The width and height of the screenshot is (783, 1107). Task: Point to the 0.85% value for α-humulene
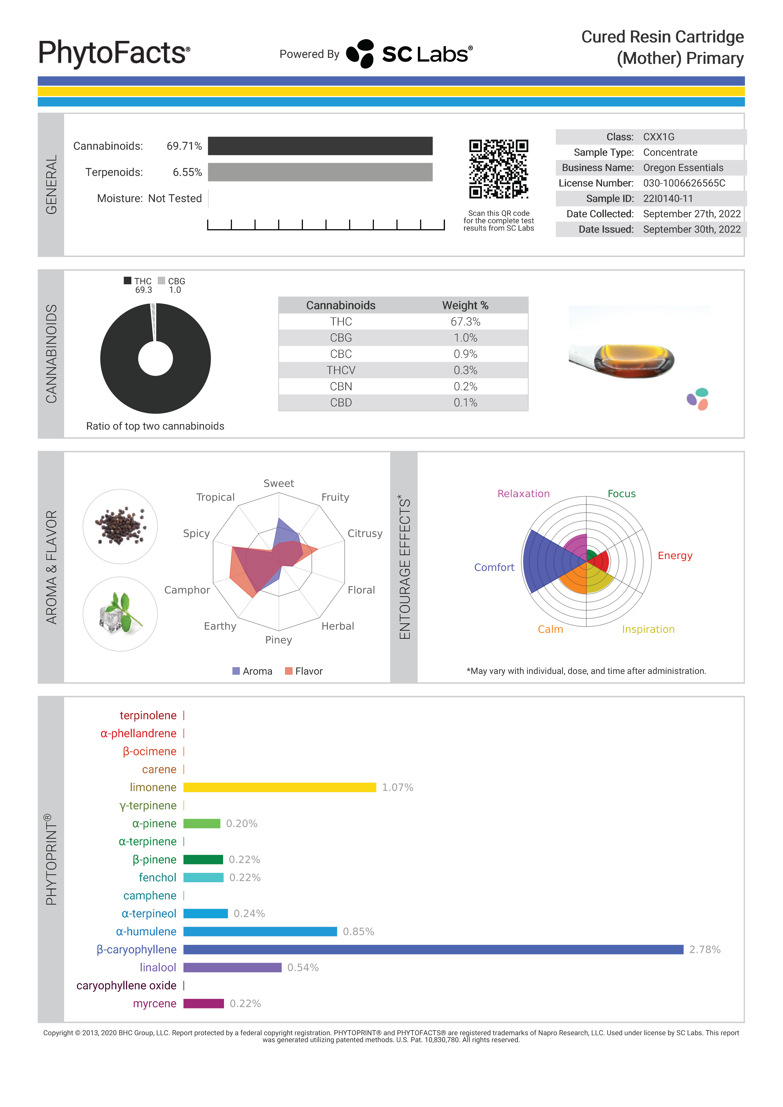pyautogui.click(x=358, y=932)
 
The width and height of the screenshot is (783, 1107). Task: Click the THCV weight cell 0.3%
pyautogui.click(x=465, y=370)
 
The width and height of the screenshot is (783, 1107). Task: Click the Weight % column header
pyautogui.click(x=465, y=305)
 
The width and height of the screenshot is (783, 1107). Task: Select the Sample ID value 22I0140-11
pyautogui.click(x=668, y=199)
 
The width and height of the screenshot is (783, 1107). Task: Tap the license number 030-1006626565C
pyautogui.click(x=684, y=183)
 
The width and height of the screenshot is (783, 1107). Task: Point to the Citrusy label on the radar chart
pyautogui.click(x=365, y=533)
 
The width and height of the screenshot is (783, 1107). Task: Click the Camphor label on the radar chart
pyautogui.click(x=187, y=590)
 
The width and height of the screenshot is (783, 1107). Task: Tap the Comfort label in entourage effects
pyautogui.click(x=494, y=567)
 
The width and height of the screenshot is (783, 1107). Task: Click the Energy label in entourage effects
pyautogui.click(x=675, y=556)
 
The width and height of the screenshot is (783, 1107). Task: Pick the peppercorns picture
pyautogui.click(x=120, y=526)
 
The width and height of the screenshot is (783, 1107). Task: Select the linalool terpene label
pyautogui.click(x=158, y=968)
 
